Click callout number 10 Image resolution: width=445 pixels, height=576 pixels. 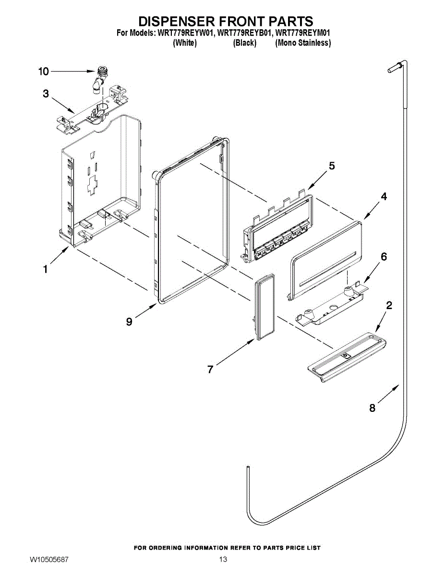pyautogui.click(x=44, y=72)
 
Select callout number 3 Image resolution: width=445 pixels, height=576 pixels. pyautogui.click(x=46, y=94)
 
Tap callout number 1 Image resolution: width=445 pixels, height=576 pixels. pyautogui.click(x=45, y=270)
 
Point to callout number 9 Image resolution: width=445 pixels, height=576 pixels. pyautogui.click(x=129, y=322)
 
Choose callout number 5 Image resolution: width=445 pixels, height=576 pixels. pyautogui.click(x=332, y=166)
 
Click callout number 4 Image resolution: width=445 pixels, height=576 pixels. pyautogui.click(x=384, y=196)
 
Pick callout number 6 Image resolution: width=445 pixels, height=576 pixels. pyautogui.click(x=384, y=257)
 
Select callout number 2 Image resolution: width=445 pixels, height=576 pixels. pyautogui.click(x=389, y=305)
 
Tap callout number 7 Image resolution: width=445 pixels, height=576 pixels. pyautogui.click(x=210, y=369)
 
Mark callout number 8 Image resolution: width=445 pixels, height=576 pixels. pyautogui.click(x=373, y=408)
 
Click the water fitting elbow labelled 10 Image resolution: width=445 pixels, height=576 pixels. pyautogui.click(x=99, y=79)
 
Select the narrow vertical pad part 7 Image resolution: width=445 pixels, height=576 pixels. pyautogui.click(x=263, y=307)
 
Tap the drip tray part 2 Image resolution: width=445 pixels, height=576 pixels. pyautogui.click(x=348, y=355)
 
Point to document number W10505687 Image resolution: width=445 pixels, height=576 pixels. pyautogui.click(x=49, y=560)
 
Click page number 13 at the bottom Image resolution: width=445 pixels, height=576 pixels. pyautogui.click(x=223, y=560)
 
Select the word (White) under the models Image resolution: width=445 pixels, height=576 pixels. pyautogui.click(x=184, y=43)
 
